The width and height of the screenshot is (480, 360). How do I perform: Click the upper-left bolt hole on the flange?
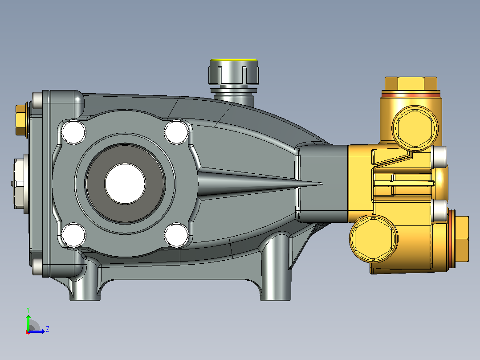74,132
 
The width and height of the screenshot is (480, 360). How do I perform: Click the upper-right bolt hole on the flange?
176,132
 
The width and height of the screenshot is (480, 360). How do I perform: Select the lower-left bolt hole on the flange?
74,235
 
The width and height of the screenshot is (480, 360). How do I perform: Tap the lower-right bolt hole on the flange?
176,235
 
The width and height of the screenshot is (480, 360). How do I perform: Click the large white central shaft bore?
125,184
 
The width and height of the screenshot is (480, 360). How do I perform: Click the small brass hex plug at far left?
21,120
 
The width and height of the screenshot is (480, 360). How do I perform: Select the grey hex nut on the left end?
20,184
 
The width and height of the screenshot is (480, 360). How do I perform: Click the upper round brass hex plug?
415,128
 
